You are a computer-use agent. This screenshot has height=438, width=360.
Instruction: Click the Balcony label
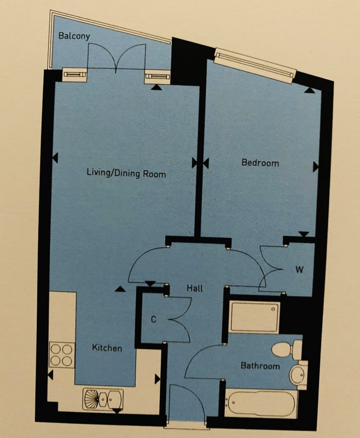74,36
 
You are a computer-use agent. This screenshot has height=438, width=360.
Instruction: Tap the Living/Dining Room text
126,173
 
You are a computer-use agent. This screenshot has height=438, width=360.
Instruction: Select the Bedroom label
260,163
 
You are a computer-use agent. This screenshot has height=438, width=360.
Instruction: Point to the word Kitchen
107,348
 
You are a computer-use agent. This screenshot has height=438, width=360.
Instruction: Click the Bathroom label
260,366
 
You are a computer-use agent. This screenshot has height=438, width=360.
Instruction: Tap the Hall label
195,288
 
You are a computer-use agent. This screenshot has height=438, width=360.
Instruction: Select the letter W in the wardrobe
299,269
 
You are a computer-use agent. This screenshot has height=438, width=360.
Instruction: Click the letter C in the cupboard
154,319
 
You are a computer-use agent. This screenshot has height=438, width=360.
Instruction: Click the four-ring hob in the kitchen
62,355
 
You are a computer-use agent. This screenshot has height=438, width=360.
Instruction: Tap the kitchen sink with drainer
103,400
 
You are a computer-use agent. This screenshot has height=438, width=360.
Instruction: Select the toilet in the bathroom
287,349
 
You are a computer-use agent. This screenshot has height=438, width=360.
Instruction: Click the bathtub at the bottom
260,404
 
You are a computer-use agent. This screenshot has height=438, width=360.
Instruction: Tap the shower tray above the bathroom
254,317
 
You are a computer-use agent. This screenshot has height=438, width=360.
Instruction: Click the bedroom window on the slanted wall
255,66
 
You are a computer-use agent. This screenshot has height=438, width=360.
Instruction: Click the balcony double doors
117,58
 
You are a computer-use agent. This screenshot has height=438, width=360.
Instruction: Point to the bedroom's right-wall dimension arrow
315,168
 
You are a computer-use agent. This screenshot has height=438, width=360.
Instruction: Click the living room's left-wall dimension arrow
55,158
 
